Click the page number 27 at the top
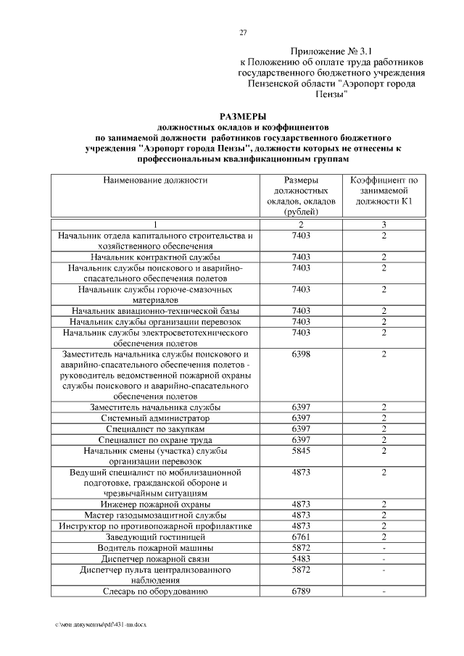tap(243, 32)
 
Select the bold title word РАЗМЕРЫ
tap(243, 116)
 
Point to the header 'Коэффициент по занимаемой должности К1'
tap(384, 190)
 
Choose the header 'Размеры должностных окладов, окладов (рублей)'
tap(300, 196)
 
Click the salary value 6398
tap(300, 353)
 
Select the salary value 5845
tap(300, 451)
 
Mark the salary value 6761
tap(300, 537)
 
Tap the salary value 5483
tap(300, 559)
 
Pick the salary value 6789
tap(300, 592)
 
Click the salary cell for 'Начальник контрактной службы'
tap(300, 257)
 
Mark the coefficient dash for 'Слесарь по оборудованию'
tap(384, 592)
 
